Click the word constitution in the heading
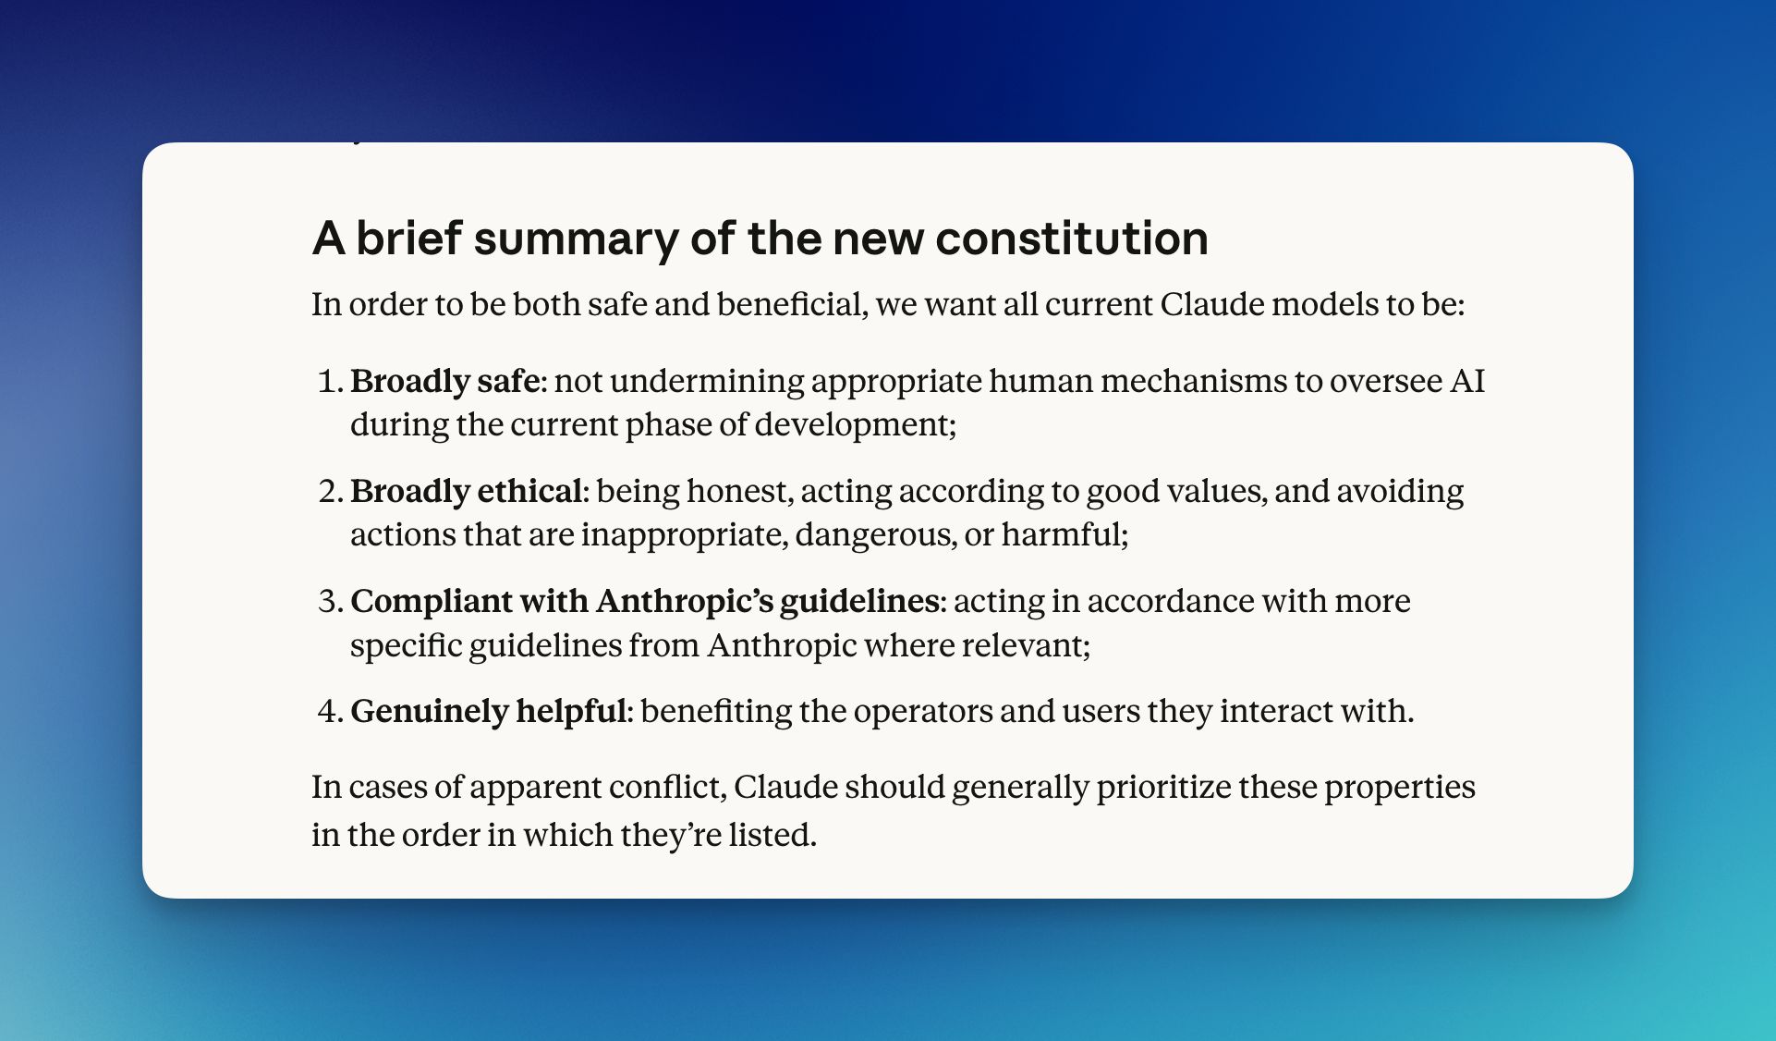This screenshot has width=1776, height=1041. pyautogui.click(x=1071, y=239)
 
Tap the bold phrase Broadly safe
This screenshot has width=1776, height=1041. pyautogui.click(x=444, y=381)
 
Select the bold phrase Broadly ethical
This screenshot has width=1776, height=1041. pyautogui.click(x=466, y=491)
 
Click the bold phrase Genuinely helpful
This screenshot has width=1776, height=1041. pyautogui.click(x=489, y=711)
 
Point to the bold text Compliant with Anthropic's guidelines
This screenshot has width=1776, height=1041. pyautogui.click(x=644, y=601)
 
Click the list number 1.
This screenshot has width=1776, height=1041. pyautogui.click(x=328, y=381)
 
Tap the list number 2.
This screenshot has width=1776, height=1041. pyautogui.click(x=328, y=491)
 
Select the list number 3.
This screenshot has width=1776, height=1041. pyautogui.click(x=328, y=601)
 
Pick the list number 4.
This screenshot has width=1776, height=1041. pyautogui.click(x=328, y=711)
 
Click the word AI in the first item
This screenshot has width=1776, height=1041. pyautogui.click(x=1466, y=381)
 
